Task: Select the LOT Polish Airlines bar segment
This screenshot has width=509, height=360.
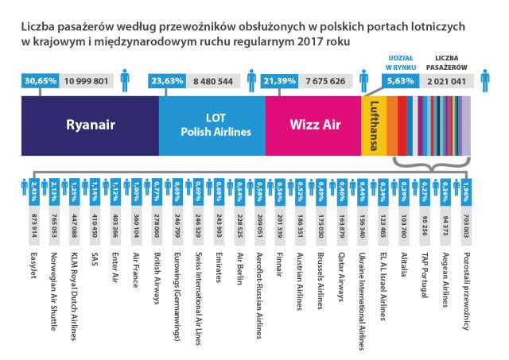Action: pos(211,125)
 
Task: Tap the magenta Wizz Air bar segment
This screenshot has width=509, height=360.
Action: pos(312,125)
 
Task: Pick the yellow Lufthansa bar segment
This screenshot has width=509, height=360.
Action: pos(374,125)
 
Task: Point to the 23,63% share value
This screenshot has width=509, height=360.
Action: pos(165,81)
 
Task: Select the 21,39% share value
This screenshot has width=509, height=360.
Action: pos(279,81)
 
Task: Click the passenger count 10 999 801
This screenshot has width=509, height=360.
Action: pos(87,81)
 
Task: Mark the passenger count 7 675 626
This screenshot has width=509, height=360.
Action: pos(326,81)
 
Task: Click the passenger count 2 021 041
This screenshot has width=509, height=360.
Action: pos(448,81)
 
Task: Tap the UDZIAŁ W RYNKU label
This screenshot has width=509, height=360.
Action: pos(398,63)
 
